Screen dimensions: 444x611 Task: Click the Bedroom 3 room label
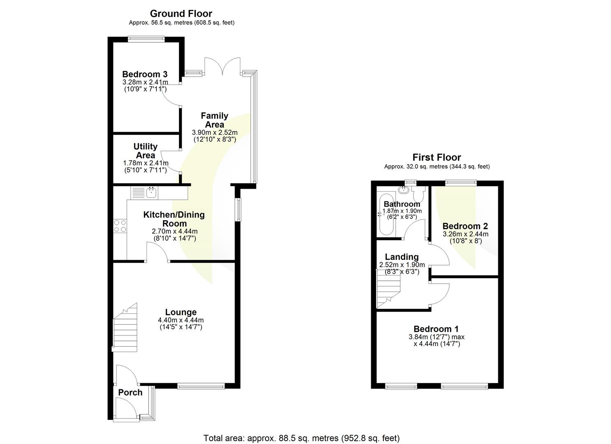click(145, 74)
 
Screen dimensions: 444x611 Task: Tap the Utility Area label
click(145, 151)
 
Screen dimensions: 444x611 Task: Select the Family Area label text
click(214, 120)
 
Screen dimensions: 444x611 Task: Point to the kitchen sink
click(151, 192)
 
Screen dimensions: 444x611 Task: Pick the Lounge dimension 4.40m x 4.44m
click(181, 320)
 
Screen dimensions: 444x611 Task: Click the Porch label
click(130, 393)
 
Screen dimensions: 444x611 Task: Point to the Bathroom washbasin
click(403, 190)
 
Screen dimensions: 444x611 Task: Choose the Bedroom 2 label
click(465, 226)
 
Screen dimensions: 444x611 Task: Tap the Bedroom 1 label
click(436, 329)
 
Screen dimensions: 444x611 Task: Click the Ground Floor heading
click(181, 14)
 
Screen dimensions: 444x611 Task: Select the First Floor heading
click(437, 157)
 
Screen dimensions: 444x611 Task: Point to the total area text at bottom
click(302, 438)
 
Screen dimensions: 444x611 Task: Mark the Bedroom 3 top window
click(146, 39)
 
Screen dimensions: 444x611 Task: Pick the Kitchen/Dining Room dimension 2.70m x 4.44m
click(174, 231)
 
